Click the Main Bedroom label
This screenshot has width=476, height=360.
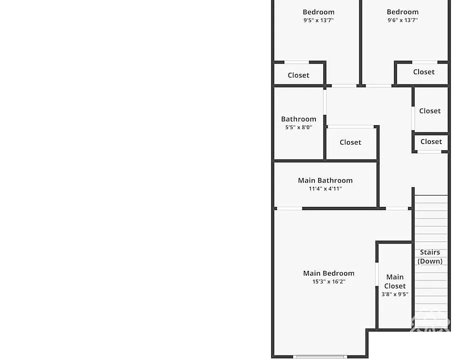click(x=329, y=273)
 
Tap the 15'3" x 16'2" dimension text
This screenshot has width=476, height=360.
click(x=329, y=281)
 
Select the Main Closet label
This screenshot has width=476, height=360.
click(x=394, y=281)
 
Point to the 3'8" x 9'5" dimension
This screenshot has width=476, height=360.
click(x=394, y=294)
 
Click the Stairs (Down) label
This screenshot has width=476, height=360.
click(x=430, y=256)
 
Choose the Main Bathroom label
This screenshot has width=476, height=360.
click(x=325, y=180)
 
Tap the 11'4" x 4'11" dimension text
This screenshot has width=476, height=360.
click(x=325, y=188)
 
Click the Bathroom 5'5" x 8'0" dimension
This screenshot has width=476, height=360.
click(x=298, y=127)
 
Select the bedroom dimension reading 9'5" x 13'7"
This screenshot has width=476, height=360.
click(x=318, y=20)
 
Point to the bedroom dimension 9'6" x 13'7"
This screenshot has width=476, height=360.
click(x=402, y=20)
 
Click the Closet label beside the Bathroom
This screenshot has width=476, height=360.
click(x=350, y=142)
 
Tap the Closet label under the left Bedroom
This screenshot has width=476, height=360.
click(x=298, y=75)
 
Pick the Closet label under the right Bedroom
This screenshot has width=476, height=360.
click(x=424, y=71)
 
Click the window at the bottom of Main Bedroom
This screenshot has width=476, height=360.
click(x=320, y=356)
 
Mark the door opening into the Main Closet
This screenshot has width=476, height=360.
click(x=377, y=274)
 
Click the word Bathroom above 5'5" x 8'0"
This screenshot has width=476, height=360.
click(x=298, y=119)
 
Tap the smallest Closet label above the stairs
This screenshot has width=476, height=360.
click(x=431, y=141)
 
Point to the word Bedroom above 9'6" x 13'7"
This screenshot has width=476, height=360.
click(x=402, y=12)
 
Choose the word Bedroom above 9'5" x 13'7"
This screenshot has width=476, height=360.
click(x=318, y=12)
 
